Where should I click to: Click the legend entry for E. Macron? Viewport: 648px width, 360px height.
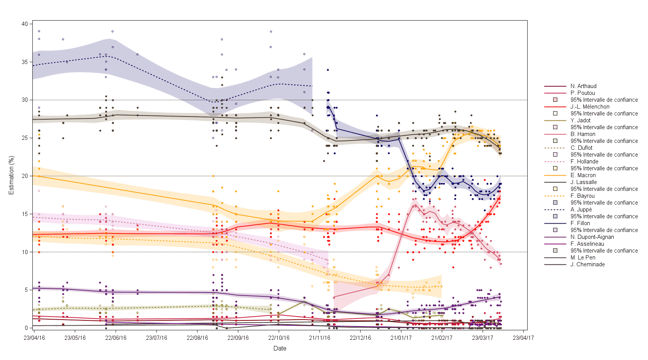(583, 175)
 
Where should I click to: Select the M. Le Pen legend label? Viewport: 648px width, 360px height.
(583, 258)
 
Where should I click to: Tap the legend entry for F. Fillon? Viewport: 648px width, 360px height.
(580, 223)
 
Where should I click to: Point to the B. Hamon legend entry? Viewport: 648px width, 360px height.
(583, 134)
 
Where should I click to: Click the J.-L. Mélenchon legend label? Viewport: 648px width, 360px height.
(590, 107)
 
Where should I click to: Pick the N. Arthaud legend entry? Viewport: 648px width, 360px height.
(583, 86)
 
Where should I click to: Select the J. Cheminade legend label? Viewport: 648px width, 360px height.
(587, 264)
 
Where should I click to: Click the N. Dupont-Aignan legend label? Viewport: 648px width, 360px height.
(592, 237)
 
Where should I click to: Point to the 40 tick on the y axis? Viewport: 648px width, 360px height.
(25, 24)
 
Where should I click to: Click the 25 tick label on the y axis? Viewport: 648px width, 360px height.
(25, 138)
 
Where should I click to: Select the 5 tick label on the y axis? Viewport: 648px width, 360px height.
(26, 290)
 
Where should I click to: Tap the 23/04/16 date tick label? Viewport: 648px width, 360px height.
(34, 338)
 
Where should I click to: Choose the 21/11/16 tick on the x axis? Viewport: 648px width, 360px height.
(320, 338)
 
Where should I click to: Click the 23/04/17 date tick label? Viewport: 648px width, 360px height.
(523, 338)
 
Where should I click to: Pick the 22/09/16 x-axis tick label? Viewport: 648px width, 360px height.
(238, 338)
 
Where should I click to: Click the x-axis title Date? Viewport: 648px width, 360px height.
(280, 348)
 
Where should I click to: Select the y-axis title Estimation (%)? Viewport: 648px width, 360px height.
(11, 175)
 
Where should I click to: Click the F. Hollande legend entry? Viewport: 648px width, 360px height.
(584, 162)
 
